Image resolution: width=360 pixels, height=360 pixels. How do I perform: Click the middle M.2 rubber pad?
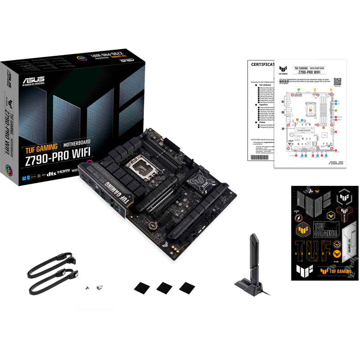pyautogui.click(x=163, y=287)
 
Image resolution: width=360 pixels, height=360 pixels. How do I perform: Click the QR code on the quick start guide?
pyautogui.click(x=337, y=81)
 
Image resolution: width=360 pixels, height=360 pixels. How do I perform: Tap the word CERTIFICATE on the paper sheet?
pyautogui.click(x=264, y=64)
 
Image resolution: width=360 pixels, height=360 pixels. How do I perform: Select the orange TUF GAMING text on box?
pyautogui.click(x=41, y=147)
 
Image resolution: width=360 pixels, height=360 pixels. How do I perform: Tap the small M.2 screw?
pyautogui.click(x=87, y=288)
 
